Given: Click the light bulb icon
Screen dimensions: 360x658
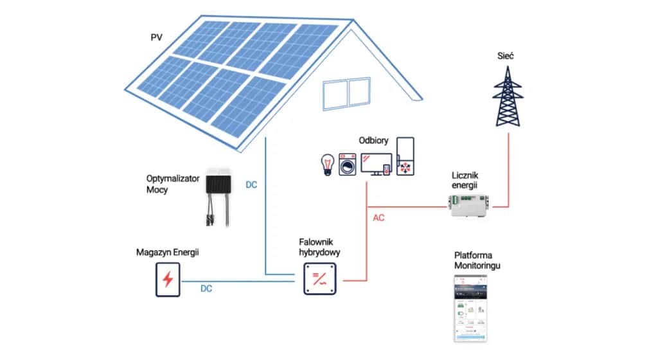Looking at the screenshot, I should pyautogui.click(x=327, y=165).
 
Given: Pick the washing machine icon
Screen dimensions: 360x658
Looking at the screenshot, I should pyautogui.click(x=348, y=165).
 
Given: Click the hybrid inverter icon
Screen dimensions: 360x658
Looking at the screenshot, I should pyautogui.click(x=319, y=280).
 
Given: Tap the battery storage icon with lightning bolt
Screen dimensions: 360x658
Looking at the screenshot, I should pyautogui.click(x=168, y=280).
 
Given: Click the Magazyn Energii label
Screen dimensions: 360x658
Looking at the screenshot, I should pyautogui.click(x=168, y=253).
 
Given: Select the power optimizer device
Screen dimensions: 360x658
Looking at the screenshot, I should pyautogui.click(x=219, y=192).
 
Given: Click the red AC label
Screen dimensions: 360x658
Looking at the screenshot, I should pyautogui.click(x=379, y=218).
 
